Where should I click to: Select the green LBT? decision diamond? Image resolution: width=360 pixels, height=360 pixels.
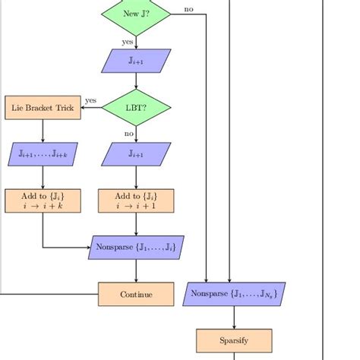click(136, 108)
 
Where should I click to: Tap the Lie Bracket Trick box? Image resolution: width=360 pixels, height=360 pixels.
click(43, 108)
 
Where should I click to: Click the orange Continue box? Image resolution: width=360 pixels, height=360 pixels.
click(136, 294)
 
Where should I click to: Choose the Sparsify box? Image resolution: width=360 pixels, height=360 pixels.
click(234, 340)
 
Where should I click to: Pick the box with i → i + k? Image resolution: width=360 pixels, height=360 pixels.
click(43, 201)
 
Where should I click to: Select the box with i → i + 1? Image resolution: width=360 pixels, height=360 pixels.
click(136, 201)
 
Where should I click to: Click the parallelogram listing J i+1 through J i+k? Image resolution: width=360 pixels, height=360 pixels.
click(43, 154)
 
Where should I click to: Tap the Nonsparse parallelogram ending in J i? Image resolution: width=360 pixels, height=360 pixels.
click(136, 248)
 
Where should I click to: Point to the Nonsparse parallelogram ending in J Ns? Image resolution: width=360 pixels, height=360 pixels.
click(234, 294)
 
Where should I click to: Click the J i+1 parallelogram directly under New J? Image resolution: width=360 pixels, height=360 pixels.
click(136, 61)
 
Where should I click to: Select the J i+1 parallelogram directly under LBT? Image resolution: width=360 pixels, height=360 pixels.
click(136, 154)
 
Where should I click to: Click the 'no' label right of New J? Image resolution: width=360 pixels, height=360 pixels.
click(188, 10)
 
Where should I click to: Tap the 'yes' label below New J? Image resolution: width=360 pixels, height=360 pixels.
click(128, 42)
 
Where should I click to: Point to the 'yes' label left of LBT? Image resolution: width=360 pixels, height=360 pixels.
click(90, 100)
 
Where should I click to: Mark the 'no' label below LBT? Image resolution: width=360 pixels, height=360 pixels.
click(129, 134)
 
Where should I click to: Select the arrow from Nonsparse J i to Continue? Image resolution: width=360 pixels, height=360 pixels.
click(136, 271)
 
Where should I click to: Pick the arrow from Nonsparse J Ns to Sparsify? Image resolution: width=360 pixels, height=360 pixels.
click(234, 317)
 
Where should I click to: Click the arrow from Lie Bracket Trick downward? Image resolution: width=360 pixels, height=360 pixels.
click(43, 131)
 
